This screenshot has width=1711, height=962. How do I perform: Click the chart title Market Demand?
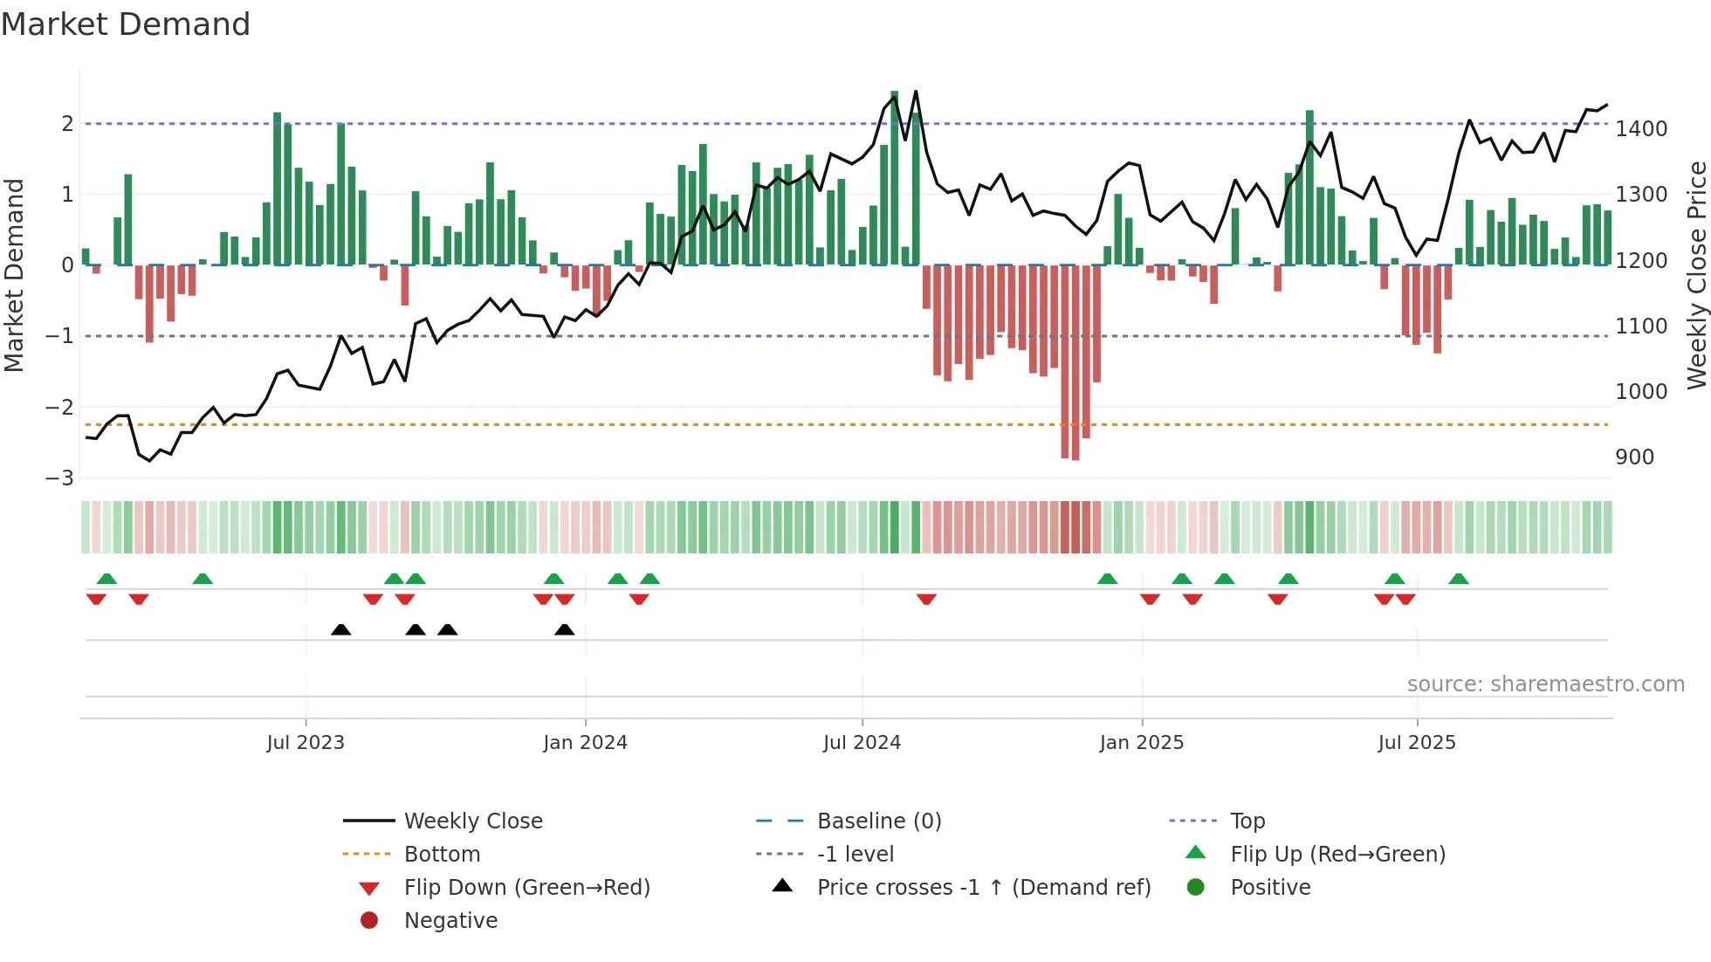click(x=126, y=24)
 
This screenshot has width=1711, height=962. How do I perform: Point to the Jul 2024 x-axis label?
click(x=862, y=743)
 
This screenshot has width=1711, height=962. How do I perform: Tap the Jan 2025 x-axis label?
click(x=1141, y=743)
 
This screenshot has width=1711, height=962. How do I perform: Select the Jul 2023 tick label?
click(x=306, y=743)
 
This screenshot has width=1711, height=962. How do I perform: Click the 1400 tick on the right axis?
click(x=1641, y=129)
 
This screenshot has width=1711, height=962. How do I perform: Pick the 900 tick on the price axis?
click(x=1634, y=457)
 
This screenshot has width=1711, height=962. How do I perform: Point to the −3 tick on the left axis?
click(x=59, y=478)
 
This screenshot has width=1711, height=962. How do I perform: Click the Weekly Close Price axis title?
click(x=1696, y=275)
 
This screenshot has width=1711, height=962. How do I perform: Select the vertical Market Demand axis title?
click(x=14, y=275)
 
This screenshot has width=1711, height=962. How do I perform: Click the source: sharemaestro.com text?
click(x=1545, y=684)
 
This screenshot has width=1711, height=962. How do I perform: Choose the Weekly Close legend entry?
click(x=472, y=821)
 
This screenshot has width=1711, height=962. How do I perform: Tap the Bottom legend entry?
click(x=442, y=855)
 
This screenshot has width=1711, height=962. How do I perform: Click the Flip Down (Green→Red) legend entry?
click(x=526, y=888)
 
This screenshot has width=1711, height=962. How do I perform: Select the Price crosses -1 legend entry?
click(x=983, y=888)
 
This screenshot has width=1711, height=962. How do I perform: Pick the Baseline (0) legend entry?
click(x=878, y=821)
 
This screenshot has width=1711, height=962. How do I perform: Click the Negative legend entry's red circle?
click(x=369, y=921)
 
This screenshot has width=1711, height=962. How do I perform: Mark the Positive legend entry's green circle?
click(x=1196, y=888)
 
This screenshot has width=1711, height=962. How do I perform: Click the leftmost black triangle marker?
click(x=341, y=630)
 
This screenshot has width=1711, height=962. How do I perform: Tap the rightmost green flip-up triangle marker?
click(x=1459, y=579)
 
